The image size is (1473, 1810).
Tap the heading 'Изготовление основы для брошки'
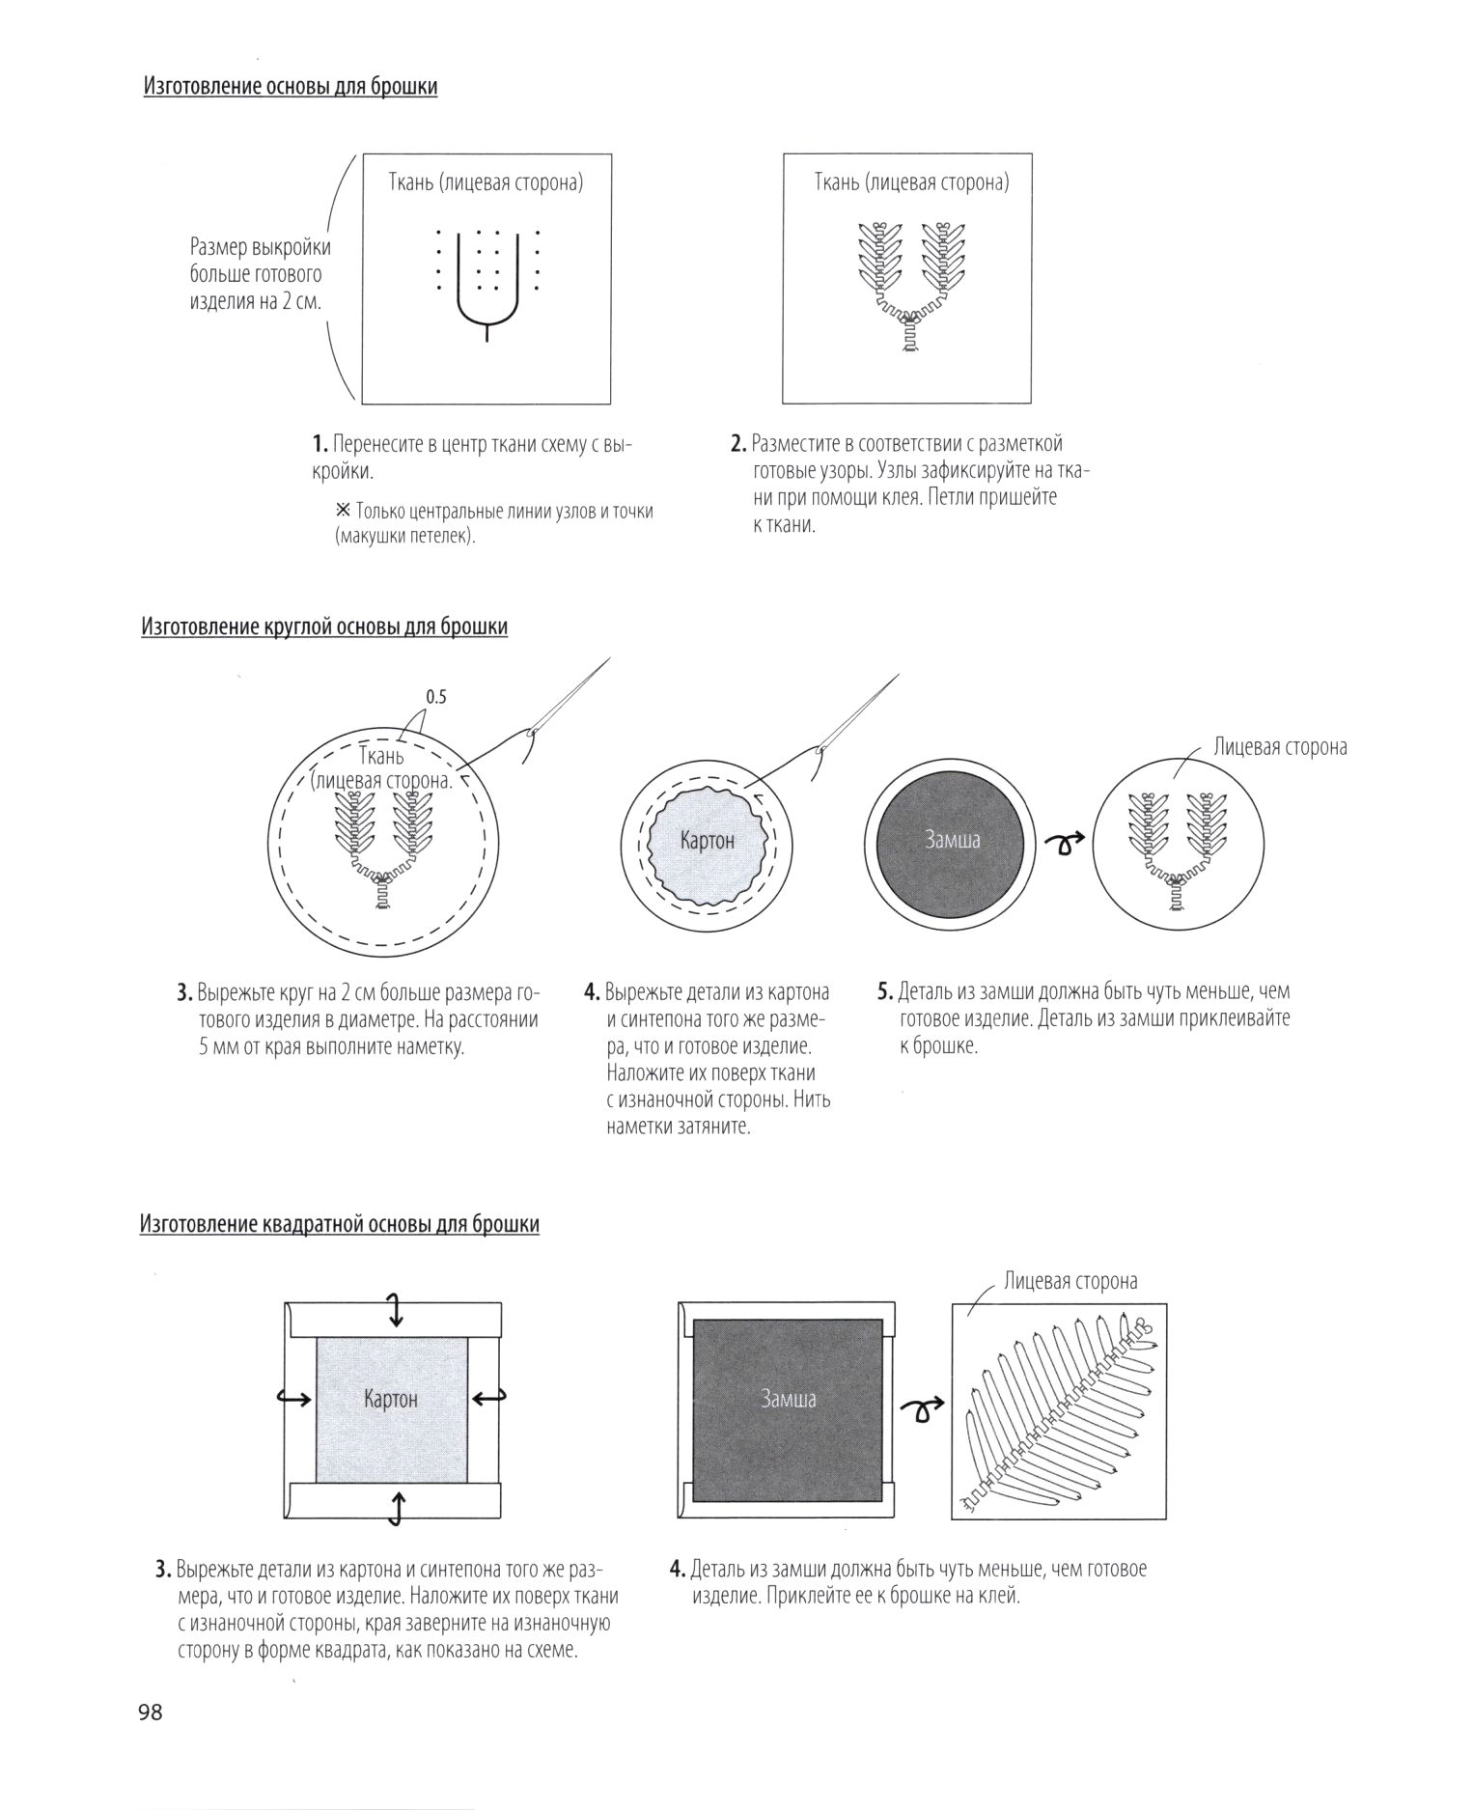click(291, 87)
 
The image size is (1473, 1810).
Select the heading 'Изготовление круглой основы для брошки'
click(324, 627)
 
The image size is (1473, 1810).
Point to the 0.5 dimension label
click(436, 696)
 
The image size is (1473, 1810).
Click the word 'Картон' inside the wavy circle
click(708, 841)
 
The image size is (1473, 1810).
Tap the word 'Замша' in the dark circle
click(952, 840)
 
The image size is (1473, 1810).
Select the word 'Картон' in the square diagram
click(391, 1399)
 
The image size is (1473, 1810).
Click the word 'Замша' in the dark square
click(789, 1399)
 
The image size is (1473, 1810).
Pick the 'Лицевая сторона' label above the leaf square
click(1070, 1281)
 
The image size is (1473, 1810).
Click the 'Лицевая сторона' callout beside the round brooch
click(1280, 747)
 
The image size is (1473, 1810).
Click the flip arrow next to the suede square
click(921, 1412)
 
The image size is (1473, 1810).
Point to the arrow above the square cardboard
click(394, 1310)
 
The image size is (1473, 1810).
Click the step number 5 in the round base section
click(883, 992)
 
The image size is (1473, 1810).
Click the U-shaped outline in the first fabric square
click(486, 309)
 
